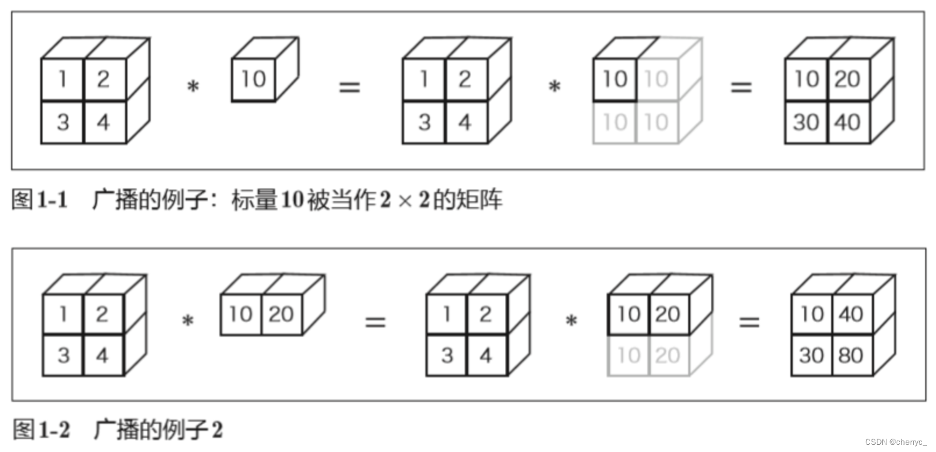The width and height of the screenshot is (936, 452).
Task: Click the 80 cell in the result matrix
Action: [x=851, y=355]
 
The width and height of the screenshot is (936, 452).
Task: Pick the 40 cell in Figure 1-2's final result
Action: [x=851, y=314]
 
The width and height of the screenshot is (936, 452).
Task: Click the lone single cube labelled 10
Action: [x=253, y=79]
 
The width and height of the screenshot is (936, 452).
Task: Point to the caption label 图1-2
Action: [x=41, y=430]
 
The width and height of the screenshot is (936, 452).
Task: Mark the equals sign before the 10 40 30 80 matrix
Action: [x=749, y=321]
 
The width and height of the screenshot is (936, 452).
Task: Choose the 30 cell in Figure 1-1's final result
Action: [x=805, y=122]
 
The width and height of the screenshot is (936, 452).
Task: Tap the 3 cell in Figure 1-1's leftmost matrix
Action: [x=63, y=122]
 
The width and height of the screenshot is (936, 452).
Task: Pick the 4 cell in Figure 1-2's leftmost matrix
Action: [x=102, y=355]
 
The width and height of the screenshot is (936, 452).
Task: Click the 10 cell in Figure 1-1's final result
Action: [x=805, y=79]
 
